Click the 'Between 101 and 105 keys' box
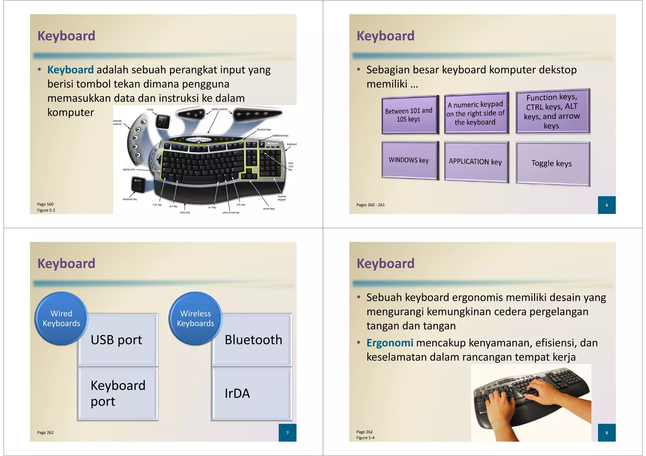coord(409,115)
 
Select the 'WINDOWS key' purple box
coord(409,160)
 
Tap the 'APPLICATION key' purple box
coord(476,162)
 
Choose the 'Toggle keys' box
coord(552,163)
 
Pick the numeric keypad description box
coord(476,113)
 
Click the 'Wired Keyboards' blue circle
coord(61,318)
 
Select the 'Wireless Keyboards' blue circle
coord(195,318)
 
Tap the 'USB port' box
coord(117,340)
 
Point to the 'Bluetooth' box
coord(252,340)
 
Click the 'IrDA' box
coord(251,394)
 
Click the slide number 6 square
coord(607,205)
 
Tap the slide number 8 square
coord(607,433)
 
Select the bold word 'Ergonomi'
coord(390,343)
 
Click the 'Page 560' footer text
coord(45,204)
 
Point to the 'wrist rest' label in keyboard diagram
coord(185,212)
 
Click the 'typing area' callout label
coord(129,170)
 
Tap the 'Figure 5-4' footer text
coord(365,438)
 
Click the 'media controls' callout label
coord(220,109)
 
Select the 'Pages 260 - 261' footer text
coord(370,205)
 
